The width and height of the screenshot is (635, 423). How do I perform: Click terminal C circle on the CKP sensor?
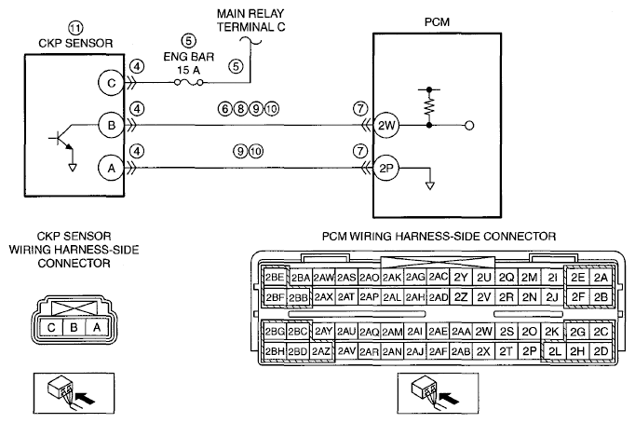(111, 83)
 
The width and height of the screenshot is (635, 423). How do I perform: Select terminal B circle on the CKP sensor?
(111, 125)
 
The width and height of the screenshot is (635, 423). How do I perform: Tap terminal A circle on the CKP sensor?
(111, 168)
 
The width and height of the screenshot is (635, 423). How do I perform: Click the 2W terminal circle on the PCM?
(386, 125)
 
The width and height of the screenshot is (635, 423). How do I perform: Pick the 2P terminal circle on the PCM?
(386, 168)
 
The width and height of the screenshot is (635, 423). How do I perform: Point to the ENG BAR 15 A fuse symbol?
(189, 82)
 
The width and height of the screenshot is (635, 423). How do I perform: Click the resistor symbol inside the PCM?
(429, 106)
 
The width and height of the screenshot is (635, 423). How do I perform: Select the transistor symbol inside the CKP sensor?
(62, 140)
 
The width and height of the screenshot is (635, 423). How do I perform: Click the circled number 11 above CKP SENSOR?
(75, 28)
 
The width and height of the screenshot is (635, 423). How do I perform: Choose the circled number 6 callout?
(225, 109)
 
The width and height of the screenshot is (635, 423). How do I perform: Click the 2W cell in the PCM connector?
(483, 332)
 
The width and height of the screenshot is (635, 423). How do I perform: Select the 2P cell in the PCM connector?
(529, 351)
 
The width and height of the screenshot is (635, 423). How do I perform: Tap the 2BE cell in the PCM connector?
(275, 277)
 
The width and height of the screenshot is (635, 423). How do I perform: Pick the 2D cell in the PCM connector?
(601, 351)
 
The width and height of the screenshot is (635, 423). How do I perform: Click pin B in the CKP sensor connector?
(74, 327)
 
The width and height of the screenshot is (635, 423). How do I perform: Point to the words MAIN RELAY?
(250, 13)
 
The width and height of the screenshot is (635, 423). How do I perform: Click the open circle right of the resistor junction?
(469, 125)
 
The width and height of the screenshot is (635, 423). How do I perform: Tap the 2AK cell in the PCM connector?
(392, 277)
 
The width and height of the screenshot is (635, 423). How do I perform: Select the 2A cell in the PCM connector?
(601, 277)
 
